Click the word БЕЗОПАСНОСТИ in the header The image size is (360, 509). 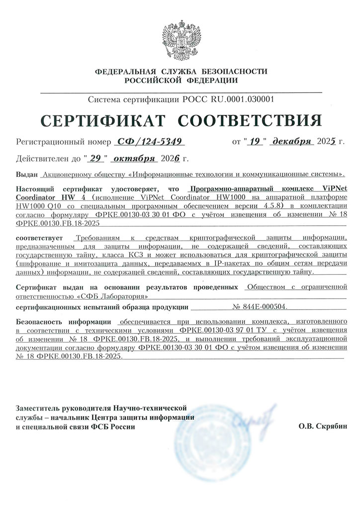(231, 72)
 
